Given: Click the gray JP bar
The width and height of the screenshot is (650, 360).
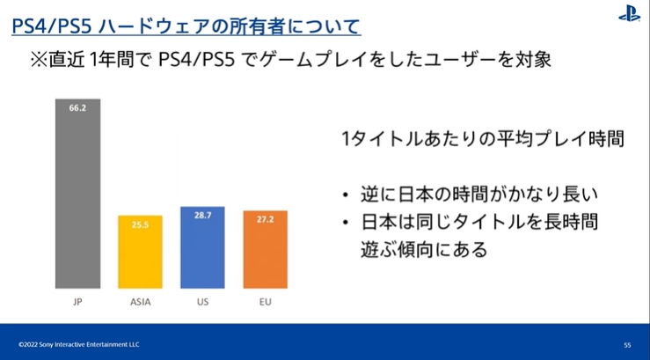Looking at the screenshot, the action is coord(78,194).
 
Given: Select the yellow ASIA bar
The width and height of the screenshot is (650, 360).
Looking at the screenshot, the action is coord(140,252).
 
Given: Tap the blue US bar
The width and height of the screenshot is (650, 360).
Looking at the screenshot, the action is coord(202,247).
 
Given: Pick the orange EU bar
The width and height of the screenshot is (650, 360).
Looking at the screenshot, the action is coord(266,249).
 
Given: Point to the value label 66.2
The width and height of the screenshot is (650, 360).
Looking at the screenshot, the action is coord(77,108).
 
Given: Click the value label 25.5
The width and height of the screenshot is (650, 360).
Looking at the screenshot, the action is coord(140,224).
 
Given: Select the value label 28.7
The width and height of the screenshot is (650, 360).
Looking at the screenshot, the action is coord(202,216).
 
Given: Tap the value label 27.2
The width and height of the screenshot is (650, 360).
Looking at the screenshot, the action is coord(266,219).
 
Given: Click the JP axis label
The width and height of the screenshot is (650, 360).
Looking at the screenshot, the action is coord(77,302).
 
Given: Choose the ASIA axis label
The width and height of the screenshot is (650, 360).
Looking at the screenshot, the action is coord(141,302).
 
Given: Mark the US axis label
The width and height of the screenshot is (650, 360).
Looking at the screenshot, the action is coord(202,302).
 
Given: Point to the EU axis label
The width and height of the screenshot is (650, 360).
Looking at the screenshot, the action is coord(266,302).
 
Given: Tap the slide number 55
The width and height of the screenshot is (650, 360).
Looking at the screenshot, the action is coord(627,345).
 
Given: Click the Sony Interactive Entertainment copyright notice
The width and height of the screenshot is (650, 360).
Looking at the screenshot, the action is coord(79,345).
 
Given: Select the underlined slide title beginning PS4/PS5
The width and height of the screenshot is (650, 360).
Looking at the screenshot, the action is coord(186,26).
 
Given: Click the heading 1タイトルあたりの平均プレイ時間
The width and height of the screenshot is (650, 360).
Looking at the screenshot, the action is coord(483,139).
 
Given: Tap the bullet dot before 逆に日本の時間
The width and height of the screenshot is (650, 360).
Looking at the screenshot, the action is coord(346,195).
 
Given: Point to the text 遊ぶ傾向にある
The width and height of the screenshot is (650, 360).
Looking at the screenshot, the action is coord(424,249).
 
